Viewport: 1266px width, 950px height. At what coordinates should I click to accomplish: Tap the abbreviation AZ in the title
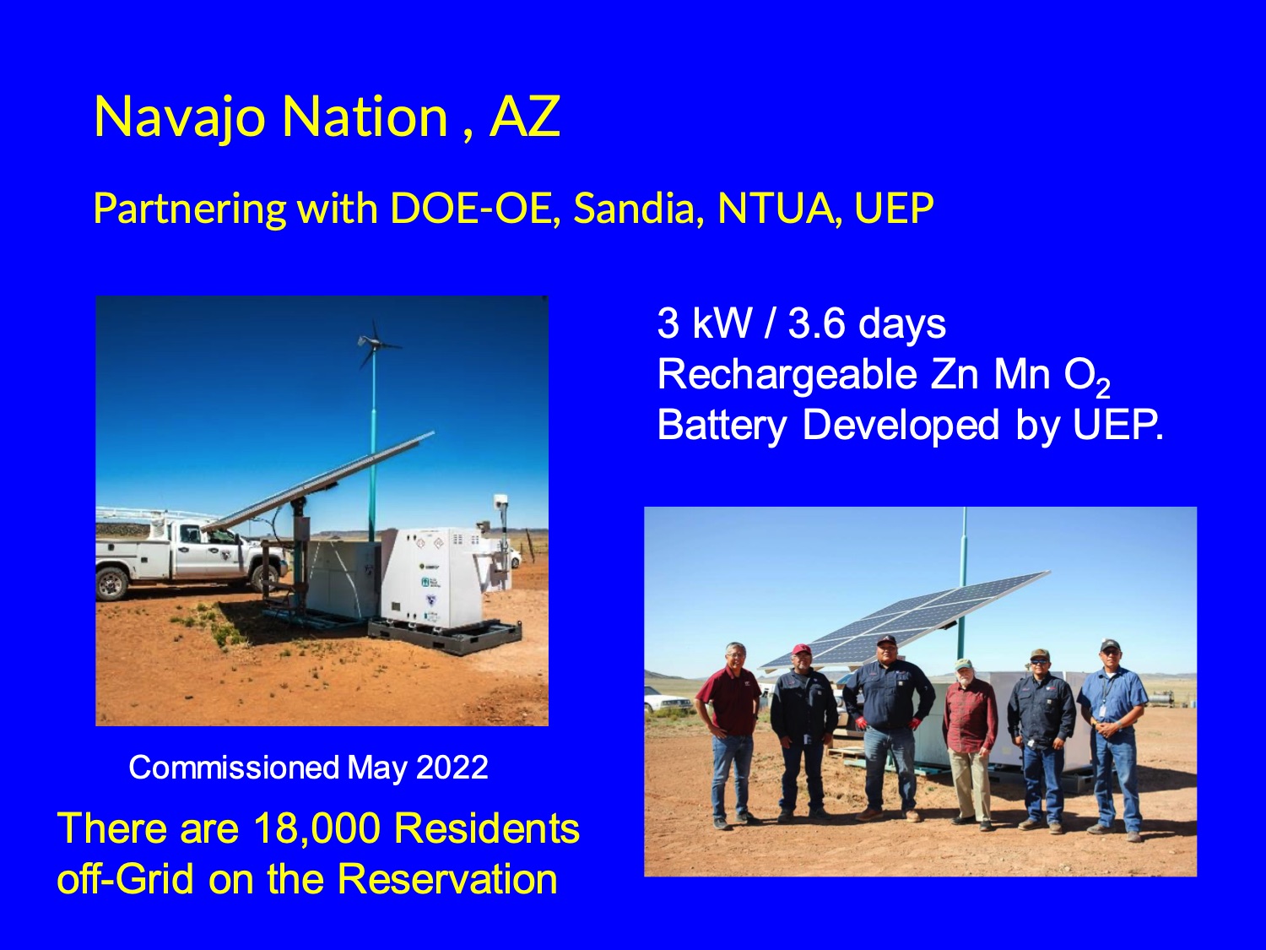point(524,117)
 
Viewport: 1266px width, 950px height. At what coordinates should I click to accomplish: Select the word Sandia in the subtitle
point(638,209)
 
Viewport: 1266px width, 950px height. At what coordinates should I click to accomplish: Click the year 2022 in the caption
point(452,768)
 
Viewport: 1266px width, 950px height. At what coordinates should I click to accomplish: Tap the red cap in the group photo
point(801,649)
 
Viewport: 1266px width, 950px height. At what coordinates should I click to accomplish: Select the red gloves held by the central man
point(862,723)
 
